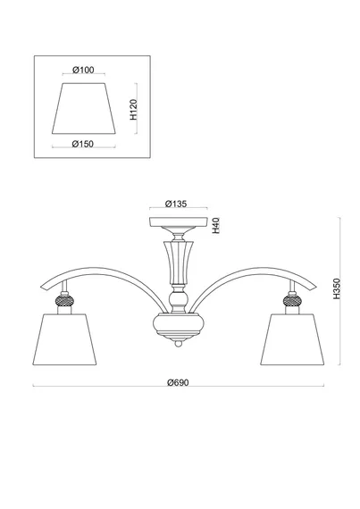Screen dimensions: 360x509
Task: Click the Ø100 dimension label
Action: point(83,70)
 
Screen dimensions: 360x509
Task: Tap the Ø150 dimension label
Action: point(82,144)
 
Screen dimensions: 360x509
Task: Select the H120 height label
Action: point(134,110)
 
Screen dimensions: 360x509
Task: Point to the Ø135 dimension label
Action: point(176,204)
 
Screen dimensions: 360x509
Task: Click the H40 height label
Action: point(216,226)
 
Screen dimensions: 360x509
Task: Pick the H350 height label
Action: point(337,288)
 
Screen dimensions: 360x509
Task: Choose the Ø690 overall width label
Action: point(178,382)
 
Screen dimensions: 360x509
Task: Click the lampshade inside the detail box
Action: point(84,108)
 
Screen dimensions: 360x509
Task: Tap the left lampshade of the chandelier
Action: point(64,339)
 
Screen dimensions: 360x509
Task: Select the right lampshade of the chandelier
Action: point(292,339)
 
